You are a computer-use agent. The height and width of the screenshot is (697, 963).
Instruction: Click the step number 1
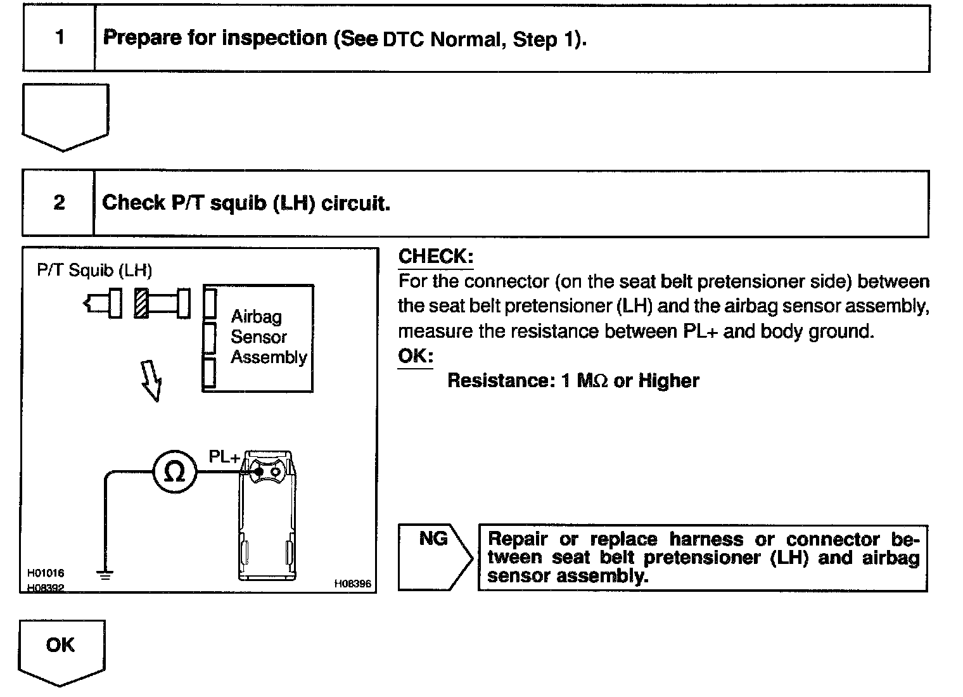click(x=60, y=37)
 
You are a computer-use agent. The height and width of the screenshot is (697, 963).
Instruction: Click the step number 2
click(x=59, y=203)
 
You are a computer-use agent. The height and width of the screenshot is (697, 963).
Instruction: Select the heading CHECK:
click(x=435, y=257)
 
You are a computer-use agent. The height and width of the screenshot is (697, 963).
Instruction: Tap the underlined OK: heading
click(x=415, y=356)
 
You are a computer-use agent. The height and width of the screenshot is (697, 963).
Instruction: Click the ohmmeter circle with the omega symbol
click(x=174, y=472)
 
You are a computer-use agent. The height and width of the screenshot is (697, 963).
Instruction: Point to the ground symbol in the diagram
click(x=105, y=575)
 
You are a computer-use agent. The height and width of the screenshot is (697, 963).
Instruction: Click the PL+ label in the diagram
click(x=224, y=457)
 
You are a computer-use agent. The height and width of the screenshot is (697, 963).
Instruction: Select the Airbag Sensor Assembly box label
click(x=268, y=337)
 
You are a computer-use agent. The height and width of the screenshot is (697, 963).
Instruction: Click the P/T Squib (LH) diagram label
click(x=94, y=271)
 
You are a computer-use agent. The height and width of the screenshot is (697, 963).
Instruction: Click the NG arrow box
click(x=435, y=557)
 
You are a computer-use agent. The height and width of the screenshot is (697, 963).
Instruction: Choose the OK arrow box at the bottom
click(x=61, y=650)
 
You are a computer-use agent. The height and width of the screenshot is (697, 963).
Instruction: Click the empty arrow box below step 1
click(x=65, y=115)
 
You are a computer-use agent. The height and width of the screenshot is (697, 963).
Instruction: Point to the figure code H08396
click(x=352, y=584)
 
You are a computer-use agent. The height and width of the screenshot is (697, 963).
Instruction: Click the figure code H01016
click(x=46, y=573)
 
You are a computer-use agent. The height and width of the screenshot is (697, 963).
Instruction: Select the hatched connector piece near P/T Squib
click(x=141, y=304)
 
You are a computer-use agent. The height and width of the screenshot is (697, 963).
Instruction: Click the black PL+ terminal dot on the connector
click(x=258, y=471)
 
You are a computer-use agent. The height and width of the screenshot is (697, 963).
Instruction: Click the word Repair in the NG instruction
click(x=518, y=539)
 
